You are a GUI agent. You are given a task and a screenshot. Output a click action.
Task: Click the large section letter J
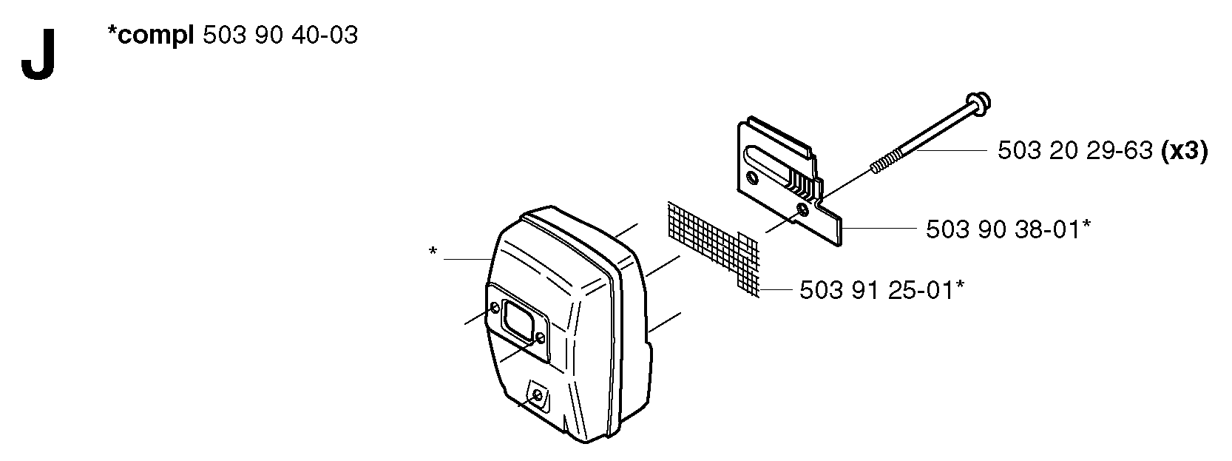pyautogui.click(x=38, y=55)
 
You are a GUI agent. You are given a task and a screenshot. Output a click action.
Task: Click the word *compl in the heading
pyautogui.click(x=151, y=36)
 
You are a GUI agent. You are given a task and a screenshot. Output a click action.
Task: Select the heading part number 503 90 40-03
pyautogui.click(x=280, y=36)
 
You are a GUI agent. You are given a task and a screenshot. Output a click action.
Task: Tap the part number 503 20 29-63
pyautogui.click(x=1074, y=150)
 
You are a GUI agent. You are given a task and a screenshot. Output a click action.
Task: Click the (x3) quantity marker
pyautogui.click(x=1184, y=151)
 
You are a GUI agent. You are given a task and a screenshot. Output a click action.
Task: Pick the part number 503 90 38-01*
pyautogui.click(x=1008, y=229)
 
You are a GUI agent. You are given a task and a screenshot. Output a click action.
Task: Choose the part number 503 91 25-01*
pyautogui.click(x=881, y=290)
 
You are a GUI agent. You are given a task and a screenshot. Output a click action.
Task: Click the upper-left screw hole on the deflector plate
pyautogui.click(x=752, y=177)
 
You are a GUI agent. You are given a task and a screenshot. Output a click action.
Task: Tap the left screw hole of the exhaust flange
pyautogui.click(x=495, y=308)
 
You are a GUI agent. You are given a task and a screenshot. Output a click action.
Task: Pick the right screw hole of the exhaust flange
pyautogui.click(x=541, y=337)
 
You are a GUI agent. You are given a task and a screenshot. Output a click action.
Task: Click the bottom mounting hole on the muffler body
pyautogui.click(x=536, y=396)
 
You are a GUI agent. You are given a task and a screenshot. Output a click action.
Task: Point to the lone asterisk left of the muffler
pyautogui.click(x=433, y=252)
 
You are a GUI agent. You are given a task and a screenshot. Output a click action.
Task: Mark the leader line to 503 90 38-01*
pyautogui.click(x=878, y=228)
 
